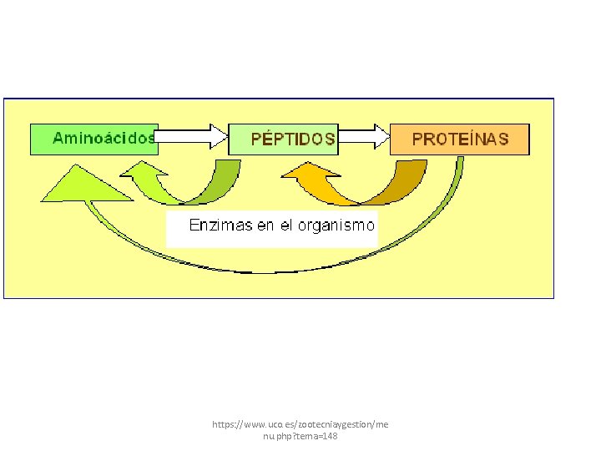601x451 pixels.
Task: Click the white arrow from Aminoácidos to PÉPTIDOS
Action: pos(192,136)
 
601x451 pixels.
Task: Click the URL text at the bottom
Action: pos(300,430)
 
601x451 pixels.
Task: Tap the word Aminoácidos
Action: pos(104,138)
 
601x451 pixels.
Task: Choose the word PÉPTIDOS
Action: pos(293,139)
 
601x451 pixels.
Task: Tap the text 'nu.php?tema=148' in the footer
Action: pos(300,437)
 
